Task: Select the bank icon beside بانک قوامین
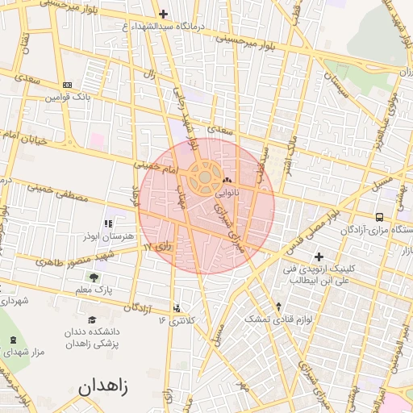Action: [66, 85]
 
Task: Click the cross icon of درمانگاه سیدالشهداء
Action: [164, 14]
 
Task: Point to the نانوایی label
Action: [227, 193]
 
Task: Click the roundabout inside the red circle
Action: [205, 175]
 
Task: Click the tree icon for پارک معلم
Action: [94, 277]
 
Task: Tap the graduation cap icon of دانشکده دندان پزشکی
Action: [91, 320]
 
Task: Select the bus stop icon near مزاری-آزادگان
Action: [380, 217]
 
